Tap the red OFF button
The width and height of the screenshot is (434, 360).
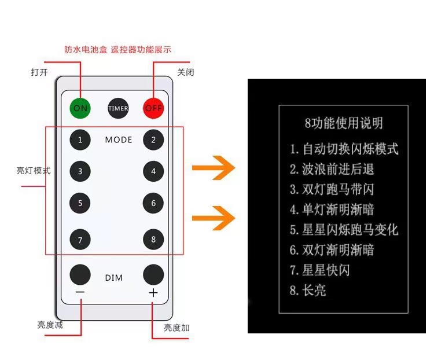pyautogui.click(x=153, y=108)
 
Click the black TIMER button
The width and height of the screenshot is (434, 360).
pyautogui.click(x=118, y=108)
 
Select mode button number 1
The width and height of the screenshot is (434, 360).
pyautogui.click(x=80, y=139)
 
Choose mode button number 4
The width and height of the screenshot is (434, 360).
pyautogui.click(x=153, y=171)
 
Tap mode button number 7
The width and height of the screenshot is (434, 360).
pyautogui.click(x=80, y=239)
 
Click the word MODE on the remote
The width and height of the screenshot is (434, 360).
pyautogui.click(x=119, y=139)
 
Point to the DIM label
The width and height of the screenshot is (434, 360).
pyautogui.click(x=114, y=278)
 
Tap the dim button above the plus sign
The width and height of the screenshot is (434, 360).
pyautogui.click(x=153, y=274)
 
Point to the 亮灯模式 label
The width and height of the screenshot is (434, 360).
pyautogui.click(x=34, y=171)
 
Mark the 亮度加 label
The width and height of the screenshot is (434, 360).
pyautogui.click(x=176, y=328)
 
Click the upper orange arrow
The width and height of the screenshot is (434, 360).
pyautogui.click(x=214, y=168)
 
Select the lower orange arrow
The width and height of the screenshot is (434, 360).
pyautogui.click(x=214, y=218)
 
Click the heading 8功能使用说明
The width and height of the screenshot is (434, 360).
pyautogui.click(x=343, y=123)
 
